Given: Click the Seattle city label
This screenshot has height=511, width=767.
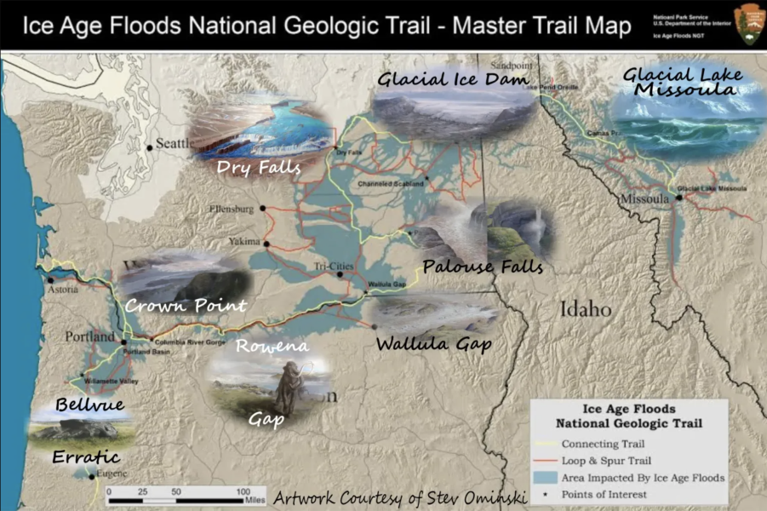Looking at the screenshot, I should click(x=177, y=143).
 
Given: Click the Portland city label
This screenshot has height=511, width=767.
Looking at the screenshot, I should click(x=89, y=336).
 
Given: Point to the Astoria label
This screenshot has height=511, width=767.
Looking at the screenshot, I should click(x=63, y=290).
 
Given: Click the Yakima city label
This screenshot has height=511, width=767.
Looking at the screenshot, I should click(x=244, y=242).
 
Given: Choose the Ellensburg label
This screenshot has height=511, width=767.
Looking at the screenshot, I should click(x=234, y=208).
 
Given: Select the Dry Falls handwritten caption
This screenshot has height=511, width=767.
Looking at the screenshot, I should click(x=259, y=168).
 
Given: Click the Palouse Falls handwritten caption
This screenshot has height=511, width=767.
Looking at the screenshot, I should click(x=483, y=267).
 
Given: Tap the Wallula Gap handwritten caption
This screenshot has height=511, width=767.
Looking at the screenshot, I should click(x=435, y=344).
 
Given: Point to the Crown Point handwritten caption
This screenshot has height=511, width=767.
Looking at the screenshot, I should click(x=186, y=305).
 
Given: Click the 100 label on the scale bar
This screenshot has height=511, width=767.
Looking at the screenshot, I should click(x=243, y=492).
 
